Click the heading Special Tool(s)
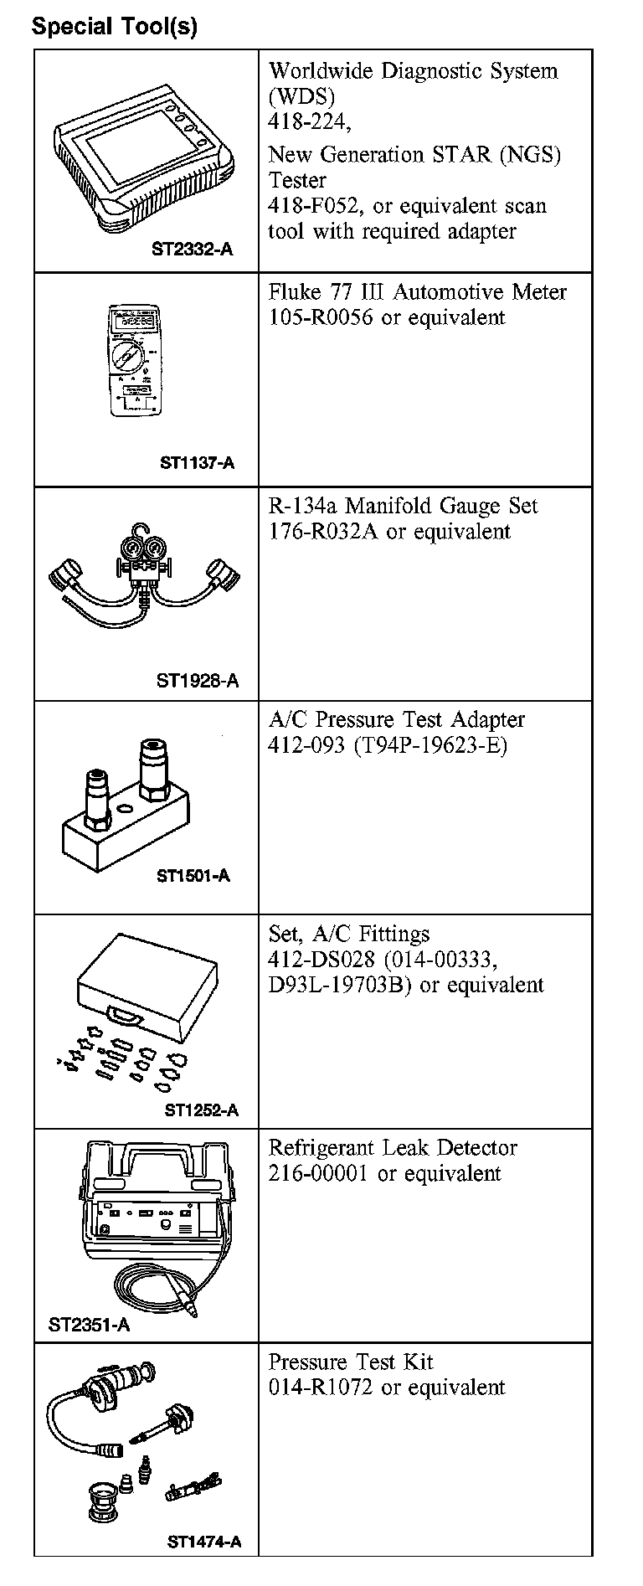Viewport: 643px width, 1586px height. pyautogui.click(x=115, y=26)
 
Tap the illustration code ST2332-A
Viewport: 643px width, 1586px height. pyautogui.click(x=192, y=249)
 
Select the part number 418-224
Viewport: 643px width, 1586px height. pyautogui.click(x=306, y=122)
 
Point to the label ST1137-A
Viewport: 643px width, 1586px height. pyautogui.click(x=198, y=462)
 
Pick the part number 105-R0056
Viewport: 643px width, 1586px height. pyautogui.click(x=320, y=318)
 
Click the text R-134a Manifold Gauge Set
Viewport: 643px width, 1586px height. pyautogui.click(x=403, y=506)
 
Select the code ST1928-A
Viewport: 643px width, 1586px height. pyautogui.click(x=197, y=680)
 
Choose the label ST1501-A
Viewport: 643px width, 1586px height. pyautogui.click(x=193, y=876)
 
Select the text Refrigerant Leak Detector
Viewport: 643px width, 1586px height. pyautogui.click(x=393, y=1148)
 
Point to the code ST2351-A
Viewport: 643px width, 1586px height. pyautogui.click(x=89, y=1325)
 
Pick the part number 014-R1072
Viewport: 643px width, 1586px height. pyautogui.click(x=320, y=1388)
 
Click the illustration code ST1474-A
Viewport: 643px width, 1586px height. pyautogui.click(x=204, y=1542)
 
